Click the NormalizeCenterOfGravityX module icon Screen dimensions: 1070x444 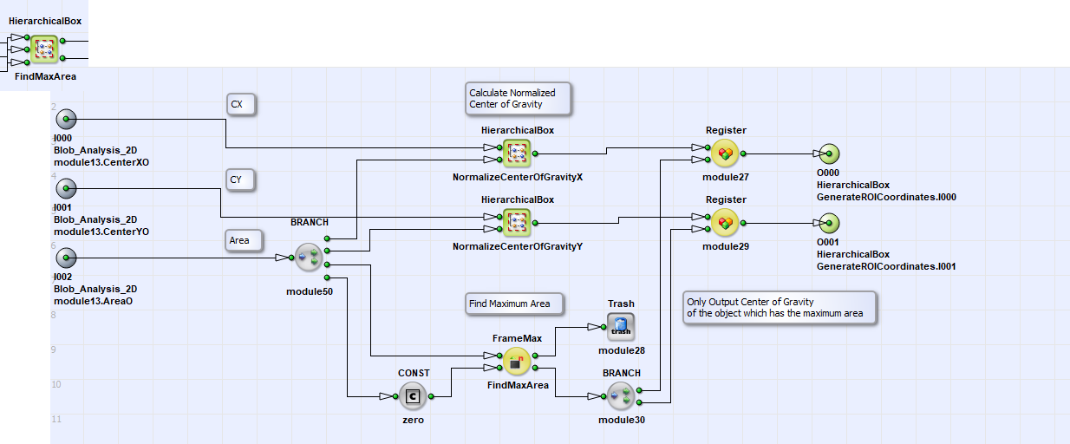[x=517, y=153]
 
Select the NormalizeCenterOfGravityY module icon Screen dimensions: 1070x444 [x=517, y=223]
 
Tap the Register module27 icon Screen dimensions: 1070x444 [x=725, y=153]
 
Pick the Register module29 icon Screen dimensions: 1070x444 [x=725, y=223]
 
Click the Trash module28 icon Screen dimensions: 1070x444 [x=621, y=327]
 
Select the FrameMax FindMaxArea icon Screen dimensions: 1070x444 [x=517, y=362]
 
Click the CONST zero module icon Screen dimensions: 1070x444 [x=413, y=396]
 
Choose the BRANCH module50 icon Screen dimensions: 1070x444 [x=309, y=258]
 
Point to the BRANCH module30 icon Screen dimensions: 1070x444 [x=621, y=396]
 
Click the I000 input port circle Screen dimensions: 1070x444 [x=66, y=119]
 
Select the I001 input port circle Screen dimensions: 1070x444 [x=66, y=188]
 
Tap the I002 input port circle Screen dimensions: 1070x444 [x=66, y=258]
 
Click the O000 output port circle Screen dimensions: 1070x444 [x=829, y=153]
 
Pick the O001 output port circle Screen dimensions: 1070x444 [x=829, y=223]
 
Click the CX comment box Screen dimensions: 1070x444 [x=241, y=105]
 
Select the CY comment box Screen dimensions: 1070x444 [x=240, y=180]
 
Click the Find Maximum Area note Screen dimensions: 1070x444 [x=514, y=304]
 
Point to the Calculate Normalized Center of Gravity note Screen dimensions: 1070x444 [x=519, y=99]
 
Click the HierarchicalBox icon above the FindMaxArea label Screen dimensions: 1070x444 [x=44, y=49]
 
